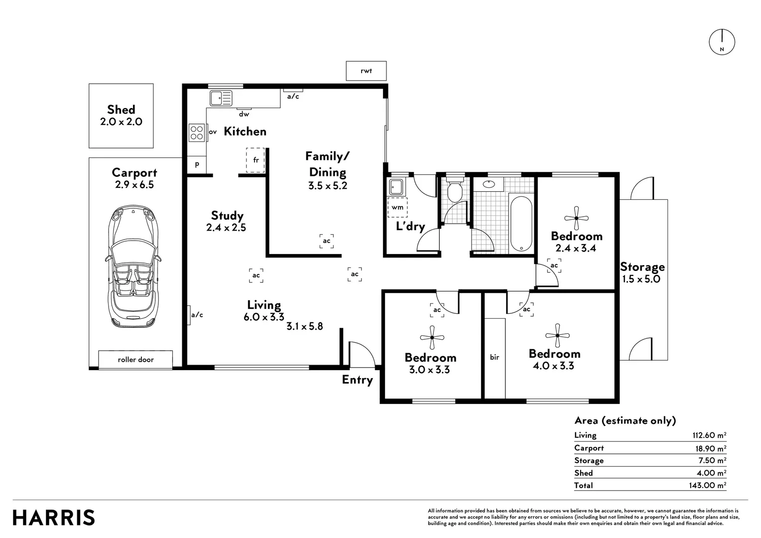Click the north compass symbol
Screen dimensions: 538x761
tap(722, 42)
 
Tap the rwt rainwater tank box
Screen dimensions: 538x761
tap(366, 71)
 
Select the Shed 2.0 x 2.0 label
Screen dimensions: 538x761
tap(121, 116)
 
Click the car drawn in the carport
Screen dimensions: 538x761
tap(133, 267)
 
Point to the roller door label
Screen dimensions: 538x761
tap(135, 359)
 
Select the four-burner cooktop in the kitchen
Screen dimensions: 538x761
tap(197, 133)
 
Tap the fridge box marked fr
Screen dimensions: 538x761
tap(256, 160)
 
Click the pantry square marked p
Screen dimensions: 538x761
tap(197, 164)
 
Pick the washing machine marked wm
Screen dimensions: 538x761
tap(397, 207)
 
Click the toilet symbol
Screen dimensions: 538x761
tap(454, 191)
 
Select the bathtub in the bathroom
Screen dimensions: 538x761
tap(521, 224)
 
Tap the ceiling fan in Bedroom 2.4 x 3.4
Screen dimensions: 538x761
tap(576, 218)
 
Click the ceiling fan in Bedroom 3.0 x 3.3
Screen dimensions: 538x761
tap(432, 337)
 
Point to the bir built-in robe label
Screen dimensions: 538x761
tap(495, 357)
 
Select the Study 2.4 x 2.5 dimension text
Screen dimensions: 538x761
tap(226, 228)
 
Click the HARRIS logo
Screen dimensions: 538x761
tap(54, 518)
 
